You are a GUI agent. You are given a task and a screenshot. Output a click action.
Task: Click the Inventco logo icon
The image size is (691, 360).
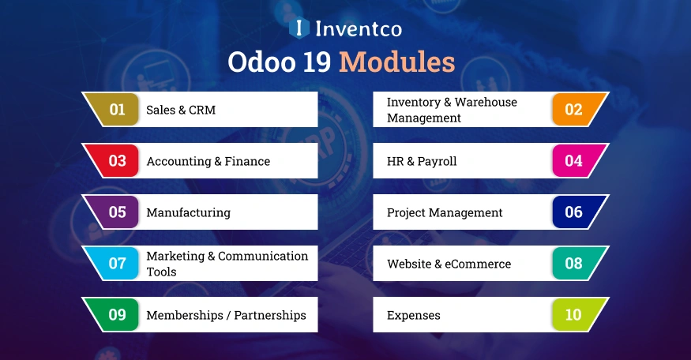click(x=299, y=28)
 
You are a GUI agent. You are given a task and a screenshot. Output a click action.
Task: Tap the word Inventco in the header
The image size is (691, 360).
click(x=358, y=29)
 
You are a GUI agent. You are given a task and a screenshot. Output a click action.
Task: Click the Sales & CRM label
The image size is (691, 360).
click(x=181, y=110)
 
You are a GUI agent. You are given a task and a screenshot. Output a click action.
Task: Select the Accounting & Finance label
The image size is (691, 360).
click(x=208, y=161)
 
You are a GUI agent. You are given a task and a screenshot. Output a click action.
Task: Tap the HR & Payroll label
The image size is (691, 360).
click(x=422, y=161)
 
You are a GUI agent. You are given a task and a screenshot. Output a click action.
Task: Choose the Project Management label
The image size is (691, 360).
click(x=445, y=212)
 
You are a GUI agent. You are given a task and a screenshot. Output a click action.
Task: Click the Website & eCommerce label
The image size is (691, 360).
click(x=449, y=264)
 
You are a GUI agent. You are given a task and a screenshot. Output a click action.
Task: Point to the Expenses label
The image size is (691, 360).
click(x=413, y=315)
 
